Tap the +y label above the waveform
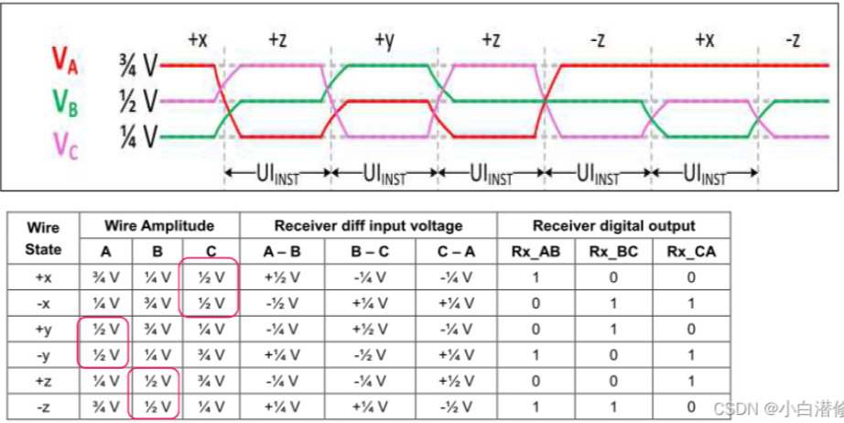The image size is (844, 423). [384, 40]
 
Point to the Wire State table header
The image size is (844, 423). [44, 237]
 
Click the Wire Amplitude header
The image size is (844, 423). [159, 225]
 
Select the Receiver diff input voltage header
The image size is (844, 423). [368, 225]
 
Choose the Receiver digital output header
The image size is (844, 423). [613, 225]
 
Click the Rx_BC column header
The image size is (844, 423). [614, 250]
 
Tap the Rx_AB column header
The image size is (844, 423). [536, 250]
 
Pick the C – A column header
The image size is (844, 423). [454, 250]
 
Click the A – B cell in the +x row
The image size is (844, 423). [281, 274]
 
